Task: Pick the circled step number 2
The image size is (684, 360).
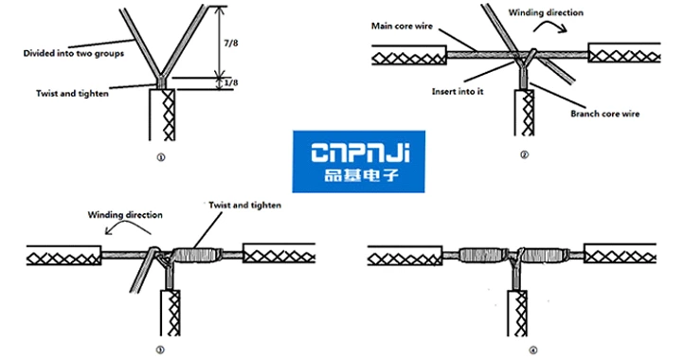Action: click(x=524, y=154)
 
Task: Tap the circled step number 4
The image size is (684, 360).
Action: click(x=532, y=349)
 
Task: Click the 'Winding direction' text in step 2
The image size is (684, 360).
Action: click(x=547, y=14)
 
